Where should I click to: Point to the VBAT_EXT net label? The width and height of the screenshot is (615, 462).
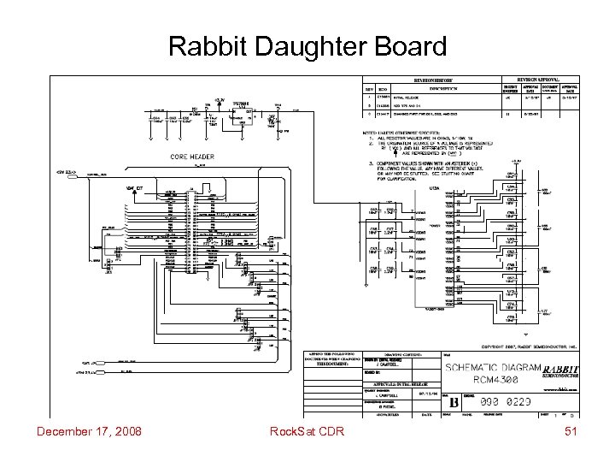coord(136,186)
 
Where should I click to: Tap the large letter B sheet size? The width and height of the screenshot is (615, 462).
coord(454,400)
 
